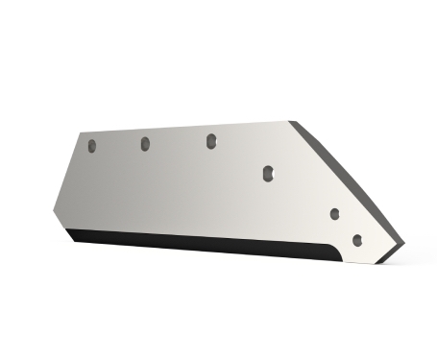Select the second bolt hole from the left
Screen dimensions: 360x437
[x=145, y=143]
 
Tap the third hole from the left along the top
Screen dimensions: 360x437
[x=209, y=140]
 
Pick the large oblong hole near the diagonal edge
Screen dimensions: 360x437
[x=269, y=172]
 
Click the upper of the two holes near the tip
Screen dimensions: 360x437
[x=335, y=213]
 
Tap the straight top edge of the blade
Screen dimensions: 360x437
[x=182, y=127]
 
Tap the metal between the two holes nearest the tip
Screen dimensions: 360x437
[x=346, y=227]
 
